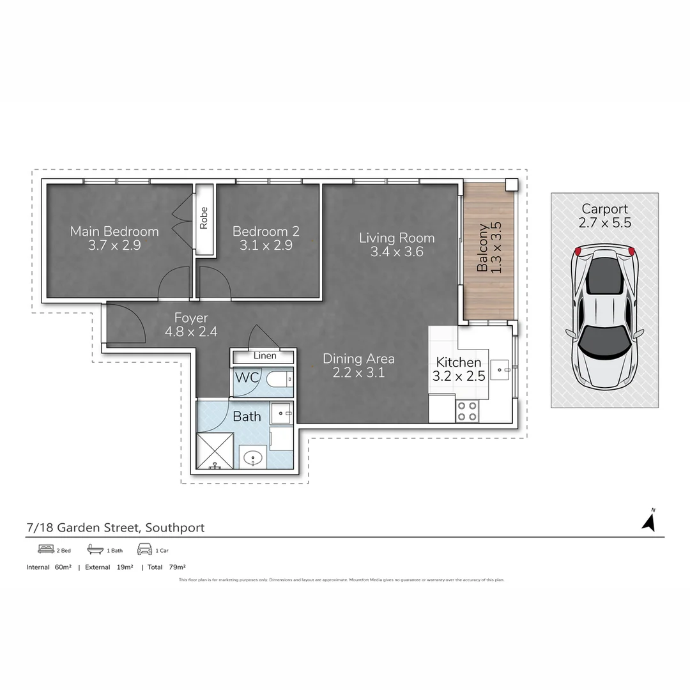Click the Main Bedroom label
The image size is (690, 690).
pyautogui.click(x=114, y=231)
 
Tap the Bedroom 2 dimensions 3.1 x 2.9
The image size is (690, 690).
pyautogui.click(x=266, y=245)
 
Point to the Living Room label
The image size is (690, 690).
pyautogui.click(x=396, y=238)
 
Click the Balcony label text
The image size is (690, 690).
pyautogui.click(x=483, y=248)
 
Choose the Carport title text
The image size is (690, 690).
pyautogui.click(x=604, y=209)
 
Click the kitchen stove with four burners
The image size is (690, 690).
pyautogui.click(x=467, y=410)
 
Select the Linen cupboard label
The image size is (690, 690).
pyautogui.click(x=264, y=356)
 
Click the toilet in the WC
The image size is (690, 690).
pyautogui.click(x=279, y=379)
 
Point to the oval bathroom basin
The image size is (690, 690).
pyautogui.click(x=253, y=457)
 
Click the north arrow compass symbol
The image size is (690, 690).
pyautogui.click(x=649, y=521)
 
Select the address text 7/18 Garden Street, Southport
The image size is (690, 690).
pyautogui.click(x=116, y=528)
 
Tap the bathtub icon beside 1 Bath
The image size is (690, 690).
pyautogui.click(x=95, y=549)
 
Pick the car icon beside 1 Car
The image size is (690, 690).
pyautogui.click(x=144, y=549)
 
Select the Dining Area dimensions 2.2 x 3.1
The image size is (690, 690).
pyautogui.click(x=358, y=372)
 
